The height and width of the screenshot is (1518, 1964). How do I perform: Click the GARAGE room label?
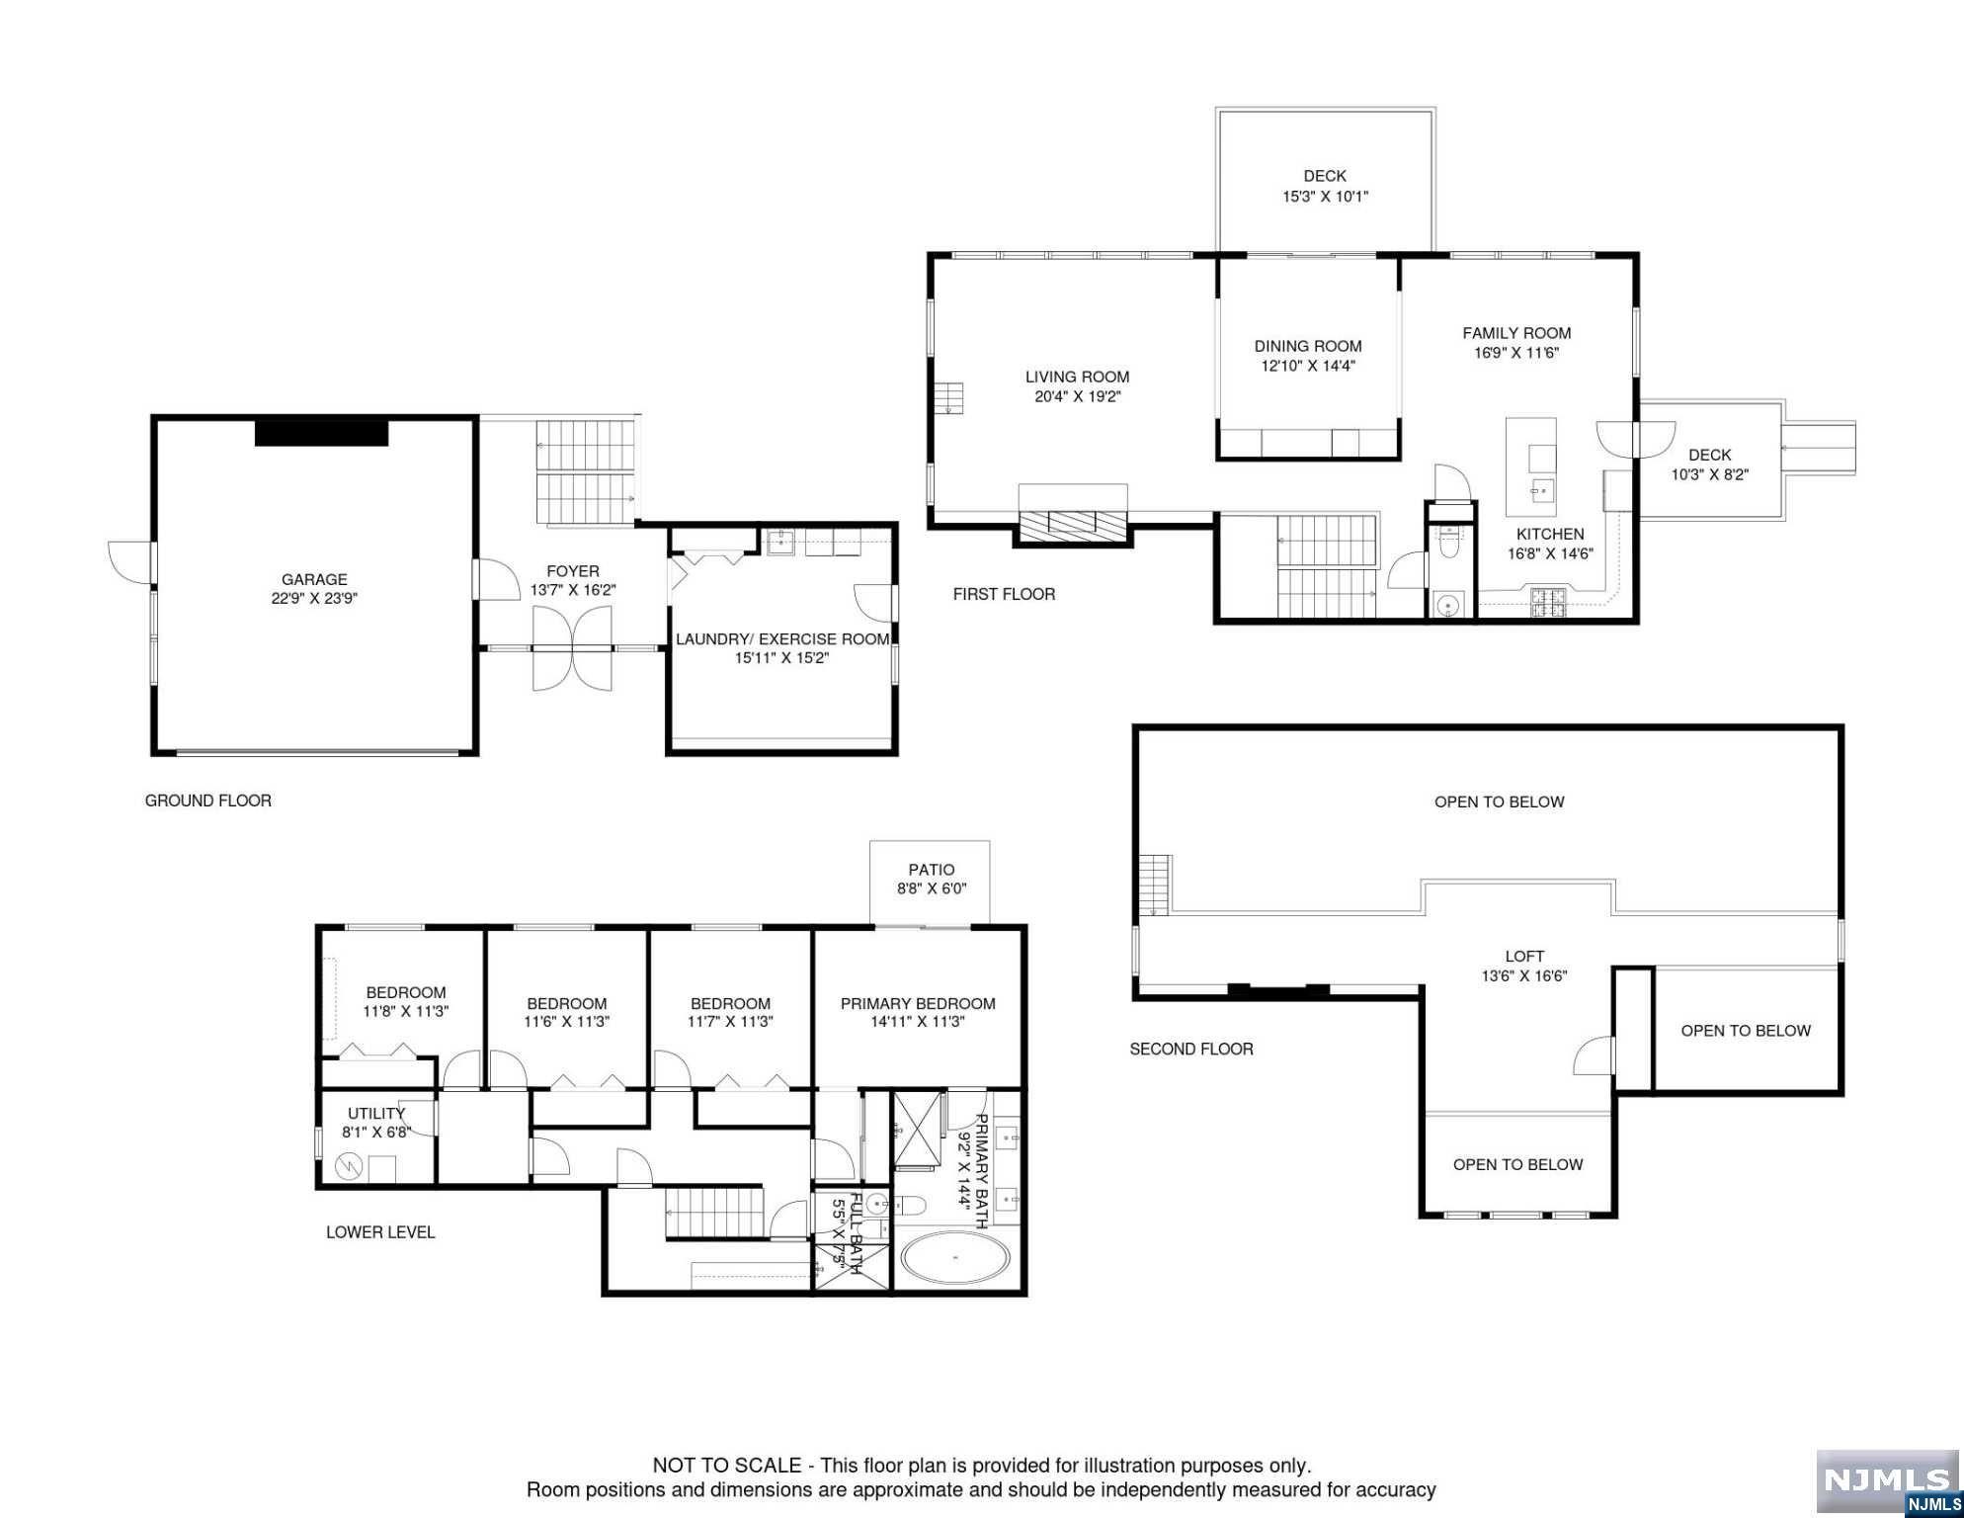click(x=314, y=580)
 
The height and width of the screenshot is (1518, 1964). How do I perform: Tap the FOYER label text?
click(x=573, y=571)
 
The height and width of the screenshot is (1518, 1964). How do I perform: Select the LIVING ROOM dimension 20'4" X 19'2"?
click(x=1077, y=397)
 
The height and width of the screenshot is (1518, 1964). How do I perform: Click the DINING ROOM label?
click(x=1308, y=347)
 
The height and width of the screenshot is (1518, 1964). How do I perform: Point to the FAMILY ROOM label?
click(x=1516, y=334)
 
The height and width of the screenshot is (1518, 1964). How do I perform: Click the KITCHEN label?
click(x=1550, y=535)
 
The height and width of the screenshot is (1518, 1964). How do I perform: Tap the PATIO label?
click(x=932, y=870)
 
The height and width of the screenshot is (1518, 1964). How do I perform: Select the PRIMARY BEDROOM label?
click(x=918, y=1004)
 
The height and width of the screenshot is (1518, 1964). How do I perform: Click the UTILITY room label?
click(x=376, y=1114)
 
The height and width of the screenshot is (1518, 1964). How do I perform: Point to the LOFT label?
click(x=1524, y=957)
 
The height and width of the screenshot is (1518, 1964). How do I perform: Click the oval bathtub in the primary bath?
click(x=955, y=1258)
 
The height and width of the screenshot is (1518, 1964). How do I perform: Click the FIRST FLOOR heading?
click(x=1004, y=594)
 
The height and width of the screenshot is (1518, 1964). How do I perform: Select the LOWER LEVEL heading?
click(x=380, y=1232)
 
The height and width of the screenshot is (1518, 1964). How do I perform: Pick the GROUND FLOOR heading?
click(x=208, y=801)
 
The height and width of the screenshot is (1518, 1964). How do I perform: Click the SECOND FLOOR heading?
click(x=1191, y=1049)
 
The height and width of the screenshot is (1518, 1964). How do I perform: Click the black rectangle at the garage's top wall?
click(x=321, y=433)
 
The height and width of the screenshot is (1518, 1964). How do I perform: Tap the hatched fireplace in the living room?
click(x=1073, y=524)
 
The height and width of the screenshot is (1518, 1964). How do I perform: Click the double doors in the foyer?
click(x=572, y=648)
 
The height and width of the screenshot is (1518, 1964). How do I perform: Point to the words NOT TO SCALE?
click(x=727, y=1466)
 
